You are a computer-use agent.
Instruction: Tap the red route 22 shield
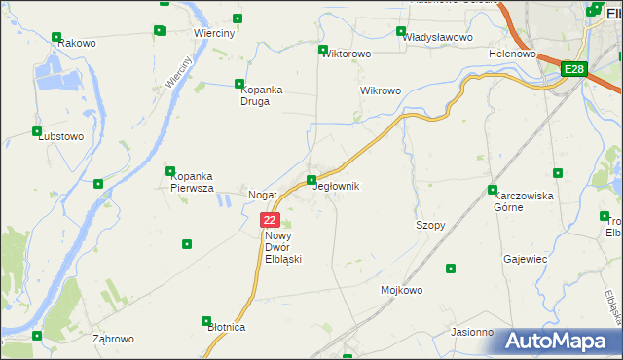pos(271,221)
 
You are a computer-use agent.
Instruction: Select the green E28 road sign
pos(574,69)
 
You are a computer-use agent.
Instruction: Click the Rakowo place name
pos(75,44)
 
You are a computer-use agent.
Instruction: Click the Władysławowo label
pos(438,37)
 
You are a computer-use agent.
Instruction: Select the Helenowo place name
pos(513,54)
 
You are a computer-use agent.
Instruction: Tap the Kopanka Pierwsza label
pos(200,182)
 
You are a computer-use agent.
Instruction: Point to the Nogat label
pos(263,195)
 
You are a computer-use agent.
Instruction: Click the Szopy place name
pos(430,225)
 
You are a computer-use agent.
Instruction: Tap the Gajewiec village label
pos(526,260)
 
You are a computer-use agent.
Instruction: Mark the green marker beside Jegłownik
pos(311,180)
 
